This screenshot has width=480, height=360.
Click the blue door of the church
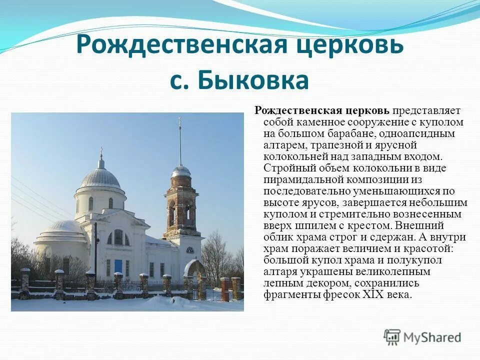pyautogui.click(x=118, y=266)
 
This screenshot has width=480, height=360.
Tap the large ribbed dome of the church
pyautogui.click(x=100, y=177)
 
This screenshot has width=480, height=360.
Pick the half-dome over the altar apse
pyautogui.click(x=59, y=227)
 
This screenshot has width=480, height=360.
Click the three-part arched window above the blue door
pyautogui.click(x=118, y=237)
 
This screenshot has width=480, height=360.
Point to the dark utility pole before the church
pyautogui.click(x=95, y=250)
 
